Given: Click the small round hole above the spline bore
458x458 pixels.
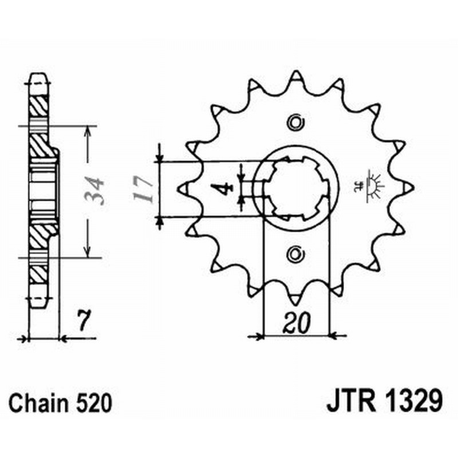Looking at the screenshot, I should pos(295,122).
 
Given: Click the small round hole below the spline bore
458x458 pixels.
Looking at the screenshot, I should pos(295,252).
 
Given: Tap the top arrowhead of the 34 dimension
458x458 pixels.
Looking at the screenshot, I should pos(87,131).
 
